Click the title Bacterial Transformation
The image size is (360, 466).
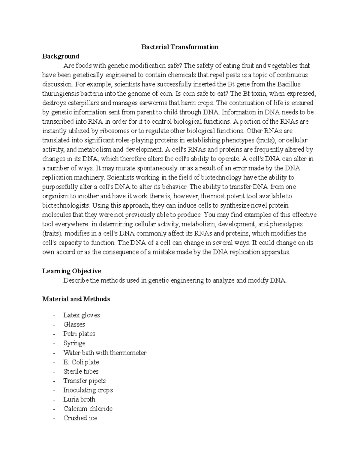[x=180, y=47]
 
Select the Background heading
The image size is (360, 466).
[x=61, y=56]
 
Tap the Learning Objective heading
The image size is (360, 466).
[x=71, y=271]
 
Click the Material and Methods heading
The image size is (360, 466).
[x=76, y=299]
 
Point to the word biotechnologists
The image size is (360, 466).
[x=65, y=206]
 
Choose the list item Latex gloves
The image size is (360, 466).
[x=81, y=315]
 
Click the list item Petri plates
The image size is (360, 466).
[x=79, y=334]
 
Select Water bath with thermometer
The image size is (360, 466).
[x=105, y=353]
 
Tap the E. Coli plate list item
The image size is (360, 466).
[x=81, y=362]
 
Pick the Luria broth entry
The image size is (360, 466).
[x=79, y=399]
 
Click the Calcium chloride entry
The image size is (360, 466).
[x=88, y=409]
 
